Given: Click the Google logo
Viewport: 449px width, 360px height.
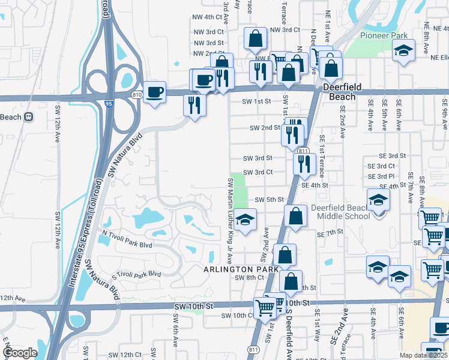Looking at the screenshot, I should tap(19, 353).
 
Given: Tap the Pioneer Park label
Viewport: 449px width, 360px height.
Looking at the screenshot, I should tap(384, 35).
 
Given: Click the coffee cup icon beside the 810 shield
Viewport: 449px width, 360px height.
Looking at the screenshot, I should tap(155, 92).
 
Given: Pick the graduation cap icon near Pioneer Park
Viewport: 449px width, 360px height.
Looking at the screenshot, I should tap(404, 52).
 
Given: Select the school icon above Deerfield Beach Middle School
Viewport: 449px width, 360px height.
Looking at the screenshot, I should tap(379, 200).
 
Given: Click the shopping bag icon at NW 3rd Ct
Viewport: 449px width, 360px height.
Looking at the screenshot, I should tap(255, 38).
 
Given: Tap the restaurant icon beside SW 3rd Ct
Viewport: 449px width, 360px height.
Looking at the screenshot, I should tap(304, 162).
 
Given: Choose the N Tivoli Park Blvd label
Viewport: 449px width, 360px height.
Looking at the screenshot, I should tap(127, 245).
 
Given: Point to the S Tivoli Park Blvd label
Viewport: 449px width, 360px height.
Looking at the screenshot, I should tap(136, 275).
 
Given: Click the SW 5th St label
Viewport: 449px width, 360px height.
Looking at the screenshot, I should tap(269, 200).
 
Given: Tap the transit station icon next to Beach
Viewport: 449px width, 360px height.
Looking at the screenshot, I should tap(28, 117).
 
